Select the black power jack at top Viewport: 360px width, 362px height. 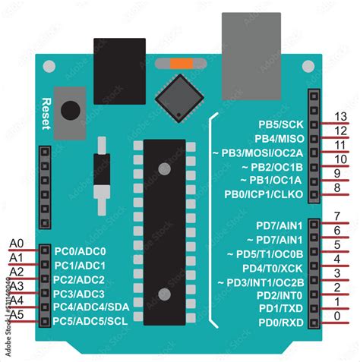pos(118,60)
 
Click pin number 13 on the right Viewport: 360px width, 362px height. pos(340,116)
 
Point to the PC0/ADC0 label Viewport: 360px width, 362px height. pos(80,251)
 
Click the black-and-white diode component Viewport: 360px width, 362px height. pos(101,175)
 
